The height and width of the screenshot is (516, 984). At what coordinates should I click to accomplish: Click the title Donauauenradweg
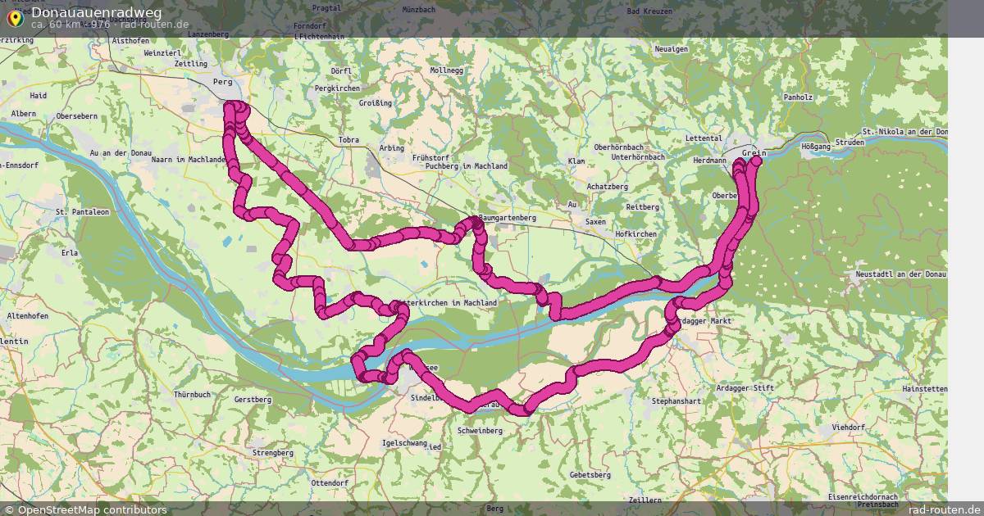click(x=97, y=12)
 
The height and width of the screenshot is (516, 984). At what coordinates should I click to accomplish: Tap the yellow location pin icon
click(x=14, y=16)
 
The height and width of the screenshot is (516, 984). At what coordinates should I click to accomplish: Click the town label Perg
click(x=222, y=82)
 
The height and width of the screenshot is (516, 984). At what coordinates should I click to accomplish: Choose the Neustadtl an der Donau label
click(x=900, y=274)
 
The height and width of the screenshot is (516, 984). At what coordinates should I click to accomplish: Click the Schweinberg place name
click(x=480, y=430)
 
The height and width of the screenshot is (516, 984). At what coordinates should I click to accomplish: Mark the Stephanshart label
click(x=676, y=401)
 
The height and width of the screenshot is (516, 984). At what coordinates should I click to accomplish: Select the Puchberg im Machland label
click(x=466, y=166)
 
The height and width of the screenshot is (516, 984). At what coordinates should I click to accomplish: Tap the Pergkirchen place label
click(x=338, y=88)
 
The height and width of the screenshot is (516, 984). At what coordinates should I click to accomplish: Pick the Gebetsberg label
click(x=590, y=475)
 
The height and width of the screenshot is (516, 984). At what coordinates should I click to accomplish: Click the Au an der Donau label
click(x=121, y=153)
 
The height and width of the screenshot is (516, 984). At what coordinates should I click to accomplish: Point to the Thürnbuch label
click(x=192, y=395)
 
